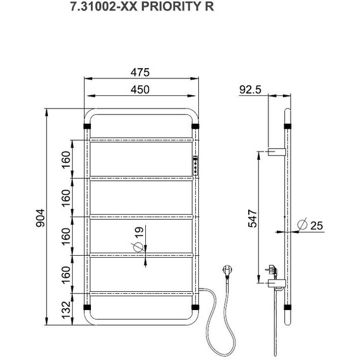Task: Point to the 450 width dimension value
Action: coord(140,90)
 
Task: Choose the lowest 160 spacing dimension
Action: coord(66,275)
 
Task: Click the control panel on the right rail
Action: coord(196,165)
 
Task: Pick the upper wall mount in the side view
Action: coord(277,152)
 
